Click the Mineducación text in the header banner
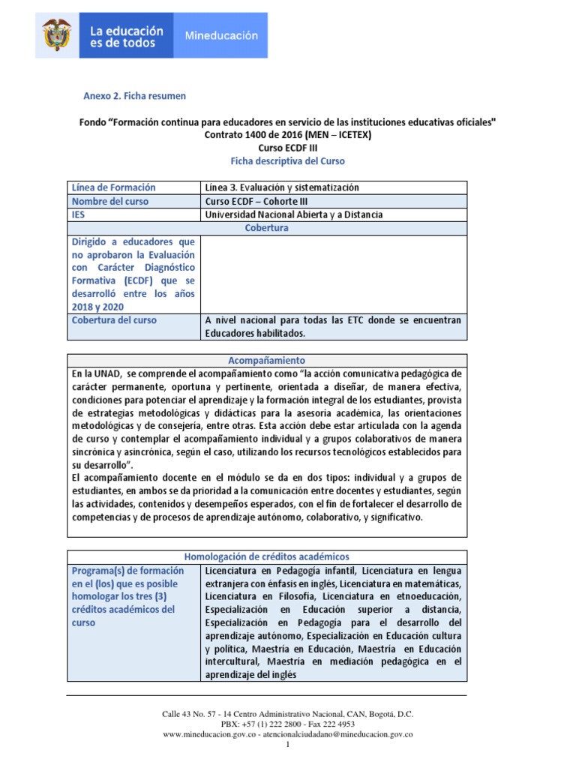click(x=221, y=35)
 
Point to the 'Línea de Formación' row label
click(x=113, y=187)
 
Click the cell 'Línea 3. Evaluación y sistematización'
click(x=281, y=187)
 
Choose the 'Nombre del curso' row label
click(x=109, y=201)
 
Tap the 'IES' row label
click(x=79, y=214)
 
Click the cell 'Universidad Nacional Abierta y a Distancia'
click(x=293, y=214)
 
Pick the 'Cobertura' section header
click(x=267, y=228)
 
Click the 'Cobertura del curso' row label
click(x=114, y=319)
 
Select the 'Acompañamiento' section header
click(x=267, y=360)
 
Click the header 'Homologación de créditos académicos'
click(x=267, y=556)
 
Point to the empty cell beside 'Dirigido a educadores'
click(x=334, y=274)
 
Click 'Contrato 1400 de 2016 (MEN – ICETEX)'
click(x=287, y=135)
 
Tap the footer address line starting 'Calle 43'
click(x=287, y=714)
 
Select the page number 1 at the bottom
click(x=288, y=745)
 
